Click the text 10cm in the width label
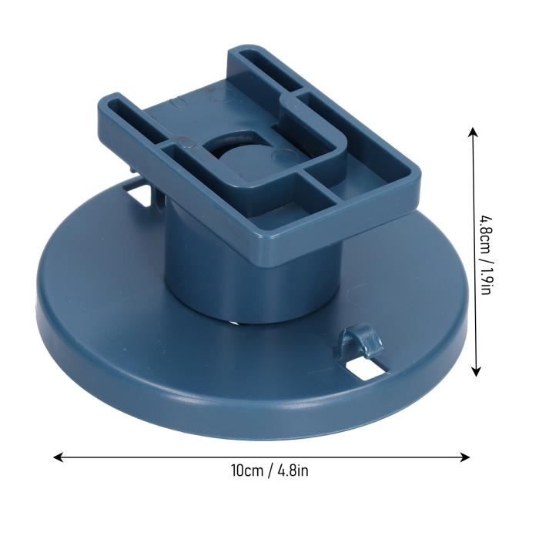[x=247, y=470]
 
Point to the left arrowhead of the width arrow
[x=59, y=457]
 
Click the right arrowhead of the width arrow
[x=465, y=457]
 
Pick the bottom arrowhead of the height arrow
[x=476, y=371]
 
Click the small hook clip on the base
[x=360, y=340]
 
